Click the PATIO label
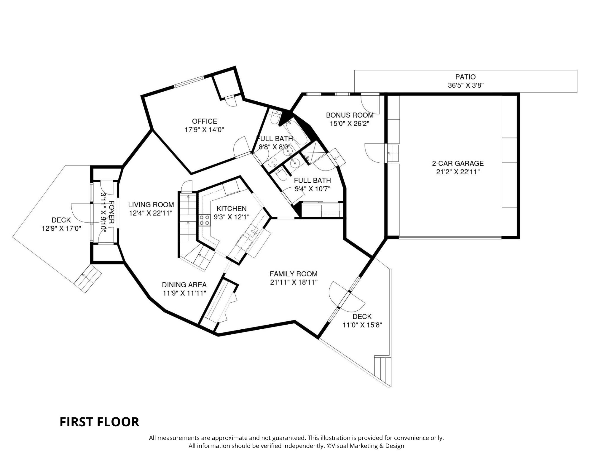point(466,77)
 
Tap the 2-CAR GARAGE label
point(458,163)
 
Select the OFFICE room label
point(204,121)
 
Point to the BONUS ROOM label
point(350,115)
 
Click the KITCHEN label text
point(232,209)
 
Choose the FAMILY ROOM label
point(294,274)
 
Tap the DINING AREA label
point(184,285)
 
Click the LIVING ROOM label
point(151,205)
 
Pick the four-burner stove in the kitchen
point(204,220)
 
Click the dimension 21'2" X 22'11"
point(458,172)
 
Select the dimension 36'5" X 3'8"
point(466,86)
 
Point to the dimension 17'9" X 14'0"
point(204,130)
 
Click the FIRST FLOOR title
point(99,422)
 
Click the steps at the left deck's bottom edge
point(88,279)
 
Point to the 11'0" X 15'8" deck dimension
point(362,325)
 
